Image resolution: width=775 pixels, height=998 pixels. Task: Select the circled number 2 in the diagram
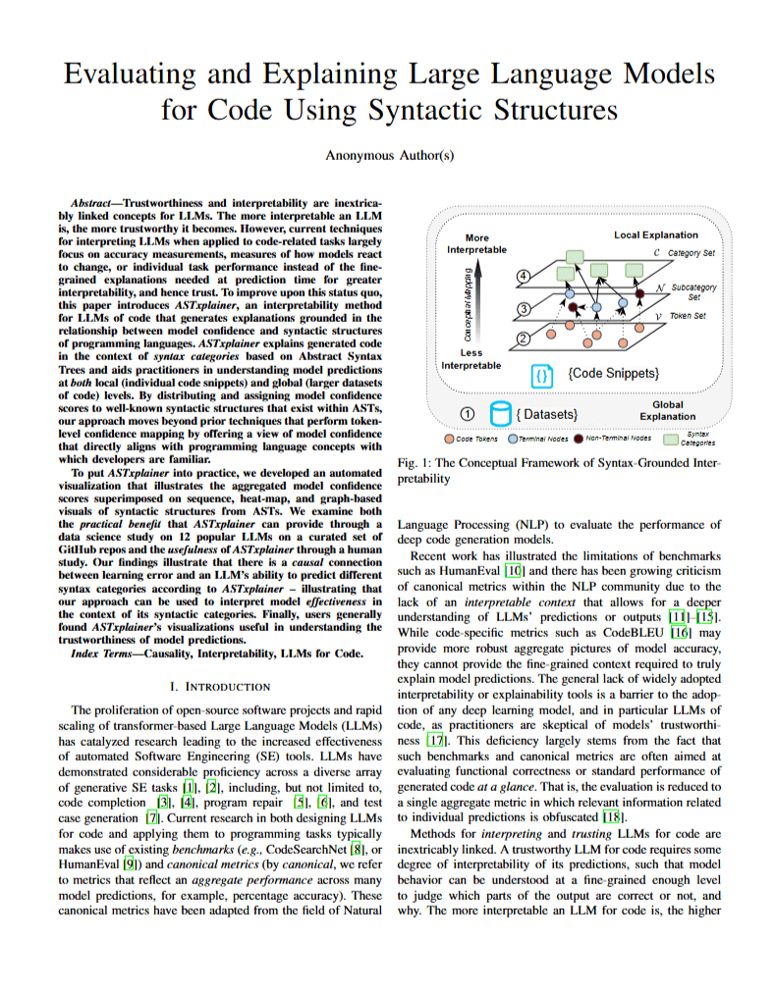[x=524, y=339]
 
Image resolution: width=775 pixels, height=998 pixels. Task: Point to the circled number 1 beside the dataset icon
[x=468, y=413]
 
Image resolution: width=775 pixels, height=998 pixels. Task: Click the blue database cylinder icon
[x=500, y=413]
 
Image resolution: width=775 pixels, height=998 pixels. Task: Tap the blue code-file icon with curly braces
[x=541, y=374]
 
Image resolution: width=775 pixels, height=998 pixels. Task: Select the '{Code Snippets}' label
[x=613, y=374]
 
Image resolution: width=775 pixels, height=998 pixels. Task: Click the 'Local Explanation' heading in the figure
[x=656, y=235]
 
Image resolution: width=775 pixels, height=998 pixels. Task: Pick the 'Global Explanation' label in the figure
[x=667, y=410]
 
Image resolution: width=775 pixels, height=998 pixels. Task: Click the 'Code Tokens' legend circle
[x=449, y=438]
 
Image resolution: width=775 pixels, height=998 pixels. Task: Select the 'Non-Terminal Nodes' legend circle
[x=579, y=438]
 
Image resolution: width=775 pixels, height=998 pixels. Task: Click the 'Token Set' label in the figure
[x=687, y=316]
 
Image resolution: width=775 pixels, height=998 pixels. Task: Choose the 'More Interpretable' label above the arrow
[x=477, y=243]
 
